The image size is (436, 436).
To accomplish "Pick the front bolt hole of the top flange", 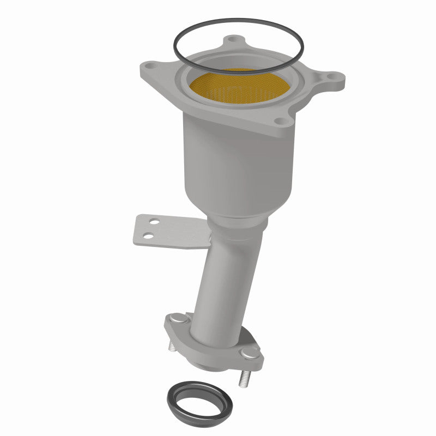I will (x=280, y=122).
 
